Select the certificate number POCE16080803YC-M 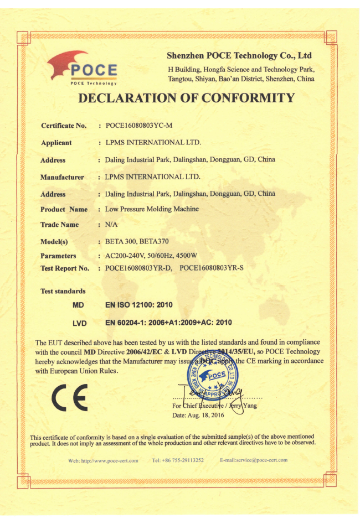[135, 126]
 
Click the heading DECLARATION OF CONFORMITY [187, 98]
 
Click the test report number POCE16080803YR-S [222, 268]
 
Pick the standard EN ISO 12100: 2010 [139, 305]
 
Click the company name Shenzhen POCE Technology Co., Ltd [239, 56]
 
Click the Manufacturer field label [62, 178]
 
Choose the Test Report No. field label [65, 268]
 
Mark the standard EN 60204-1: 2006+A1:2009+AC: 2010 [168, 323]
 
